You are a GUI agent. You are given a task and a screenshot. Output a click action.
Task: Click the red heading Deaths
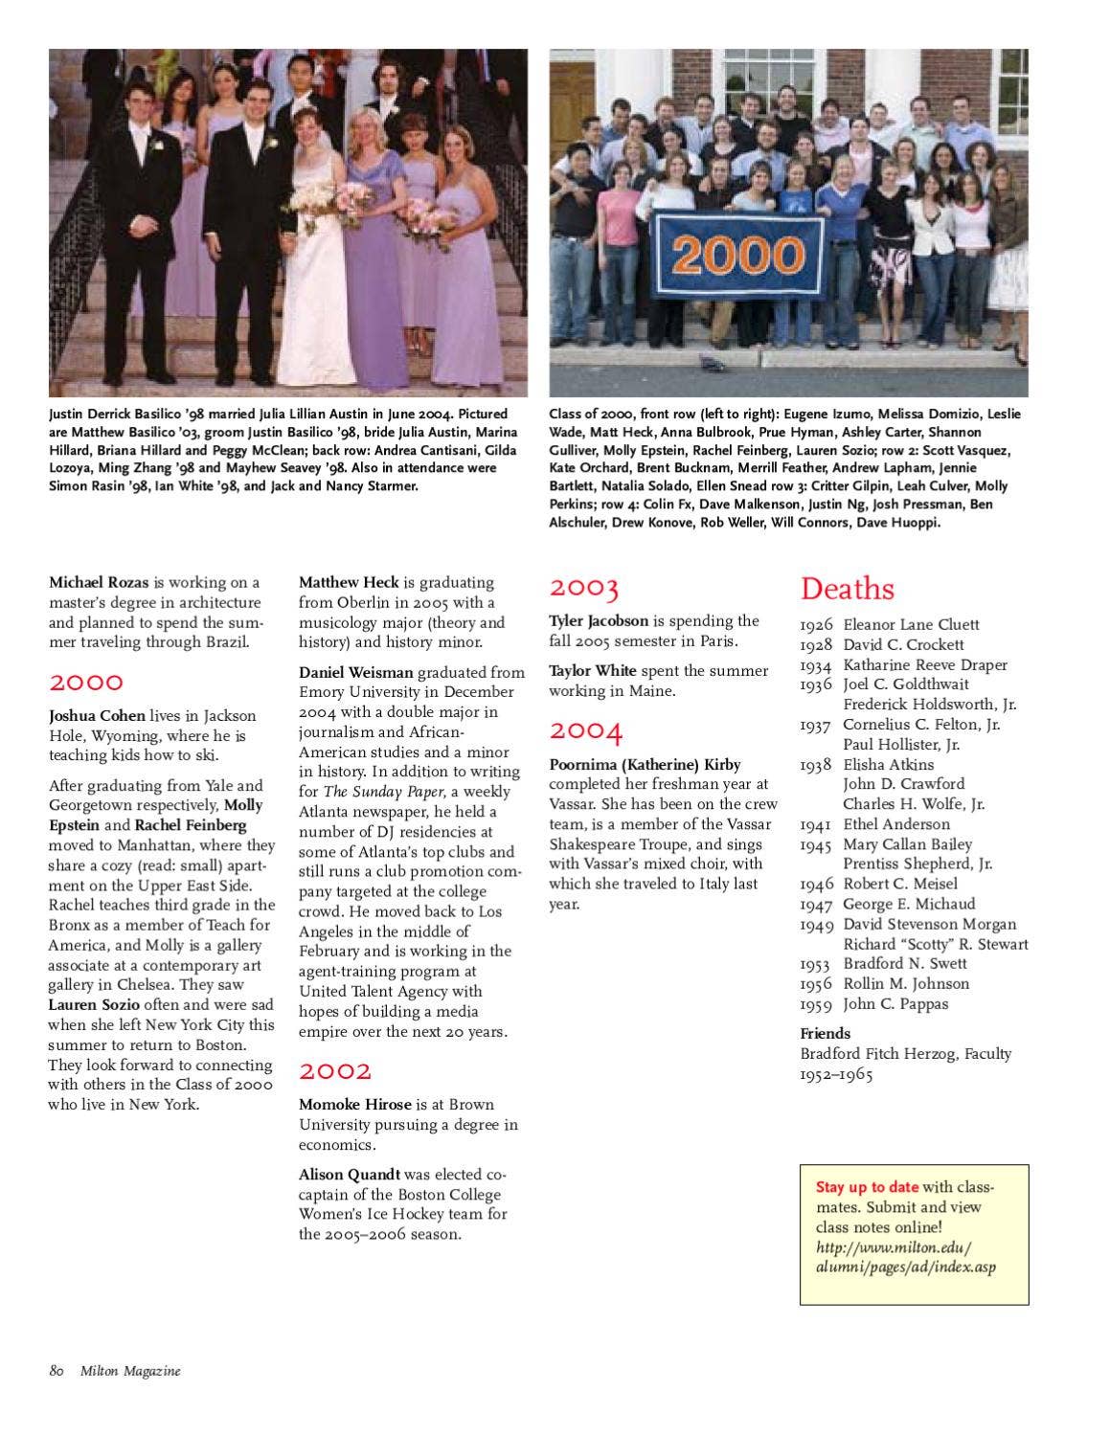point(847,589)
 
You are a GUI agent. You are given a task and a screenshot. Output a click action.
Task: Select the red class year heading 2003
point(583,587)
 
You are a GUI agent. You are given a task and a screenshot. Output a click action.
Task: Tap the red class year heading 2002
point(334,1070)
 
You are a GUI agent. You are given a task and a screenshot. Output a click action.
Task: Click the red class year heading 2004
point(585,731)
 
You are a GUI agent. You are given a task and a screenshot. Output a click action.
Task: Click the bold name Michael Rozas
point(100,582)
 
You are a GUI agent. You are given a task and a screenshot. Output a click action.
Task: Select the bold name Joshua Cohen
point(97,715)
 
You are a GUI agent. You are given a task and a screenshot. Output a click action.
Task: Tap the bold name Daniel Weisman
point(355,672)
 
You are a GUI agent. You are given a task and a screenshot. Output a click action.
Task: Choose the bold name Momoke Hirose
point(354,1104)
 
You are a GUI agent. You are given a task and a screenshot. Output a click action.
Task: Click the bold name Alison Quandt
point(349,1174)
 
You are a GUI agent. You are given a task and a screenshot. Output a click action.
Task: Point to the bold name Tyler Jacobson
point(599,620)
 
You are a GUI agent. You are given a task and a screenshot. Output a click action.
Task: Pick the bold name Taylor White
point(592,670)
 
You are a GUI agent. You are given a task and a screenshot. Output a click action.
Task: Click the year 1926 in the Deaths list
point(816,625)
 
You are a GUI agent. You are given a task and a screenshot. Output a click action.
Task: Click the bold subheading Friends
point(825,1033)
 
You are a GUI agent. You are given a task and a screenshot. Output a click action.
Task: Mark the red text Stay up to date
point(867,1187)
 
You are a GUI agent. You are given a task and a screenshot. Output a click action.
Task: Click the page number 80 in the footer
point(57,1371)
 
